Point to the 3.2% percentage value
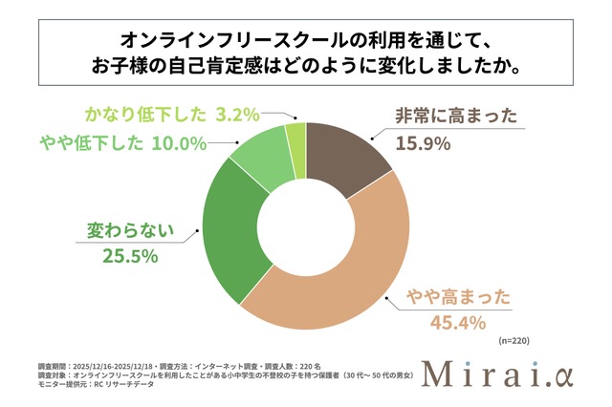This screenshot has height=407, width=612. click(x=236, y=115)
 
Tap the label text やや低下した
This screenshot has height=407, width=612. click(x=91, y=143)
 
